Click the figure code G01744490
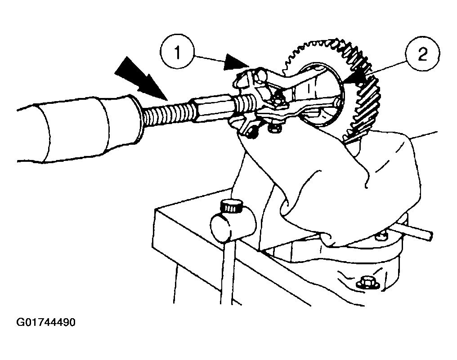(46, 323)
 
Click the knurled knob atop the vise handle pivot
(231, 206)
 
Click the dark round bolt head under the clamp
(251, 133)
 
